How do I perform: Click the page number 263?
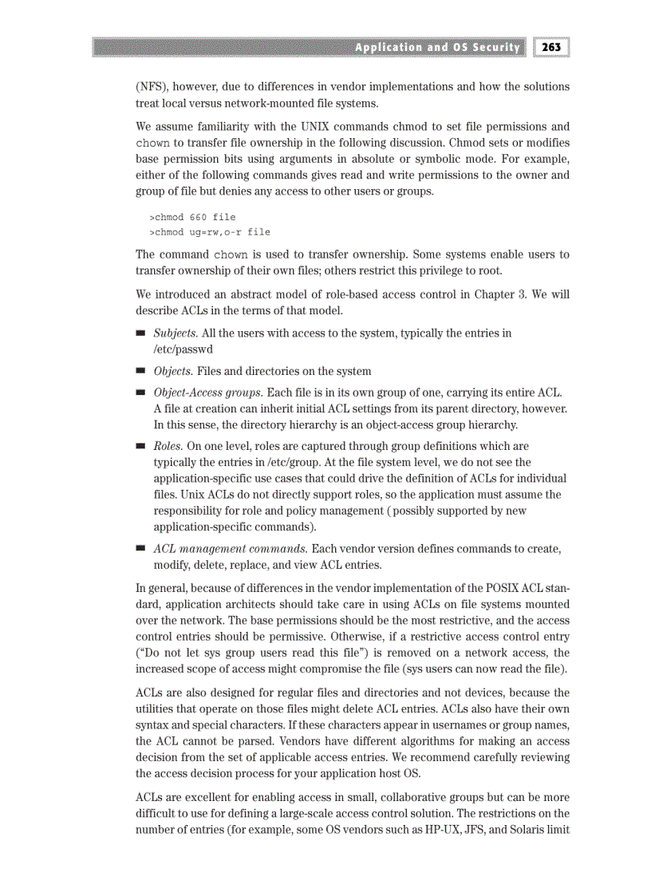click(550, 47)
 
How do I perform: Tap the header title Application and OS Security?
click(437, 47)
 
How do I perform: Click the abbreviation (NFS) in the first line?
click(152, 86)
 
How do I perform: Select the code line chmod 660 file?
click(192, 216)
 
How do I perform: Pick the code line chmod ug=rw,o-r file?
click(210, 231)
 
